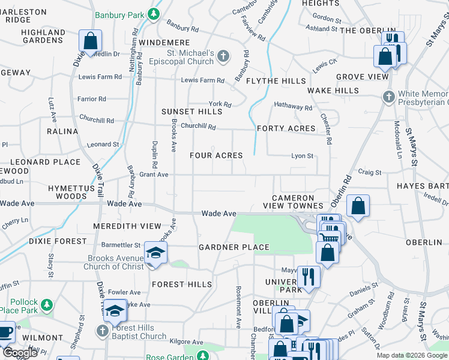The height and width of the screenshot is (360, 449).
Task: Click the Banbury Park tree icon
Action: click(154, 13)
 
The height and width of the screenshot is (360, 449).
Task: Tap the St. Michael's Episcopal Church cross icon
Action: click(223, 57)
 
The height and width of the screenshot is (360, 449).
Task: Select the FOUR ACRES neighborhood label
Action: click(216, 155)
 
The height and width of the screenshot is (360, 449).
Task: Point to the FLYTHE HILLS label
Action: click(276, 81)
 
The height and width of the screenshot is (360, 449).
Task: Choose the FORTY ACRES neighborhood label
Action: click(286, 128)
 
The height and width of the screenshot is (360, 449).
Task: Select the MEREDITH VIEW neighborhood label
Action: click(127, 226)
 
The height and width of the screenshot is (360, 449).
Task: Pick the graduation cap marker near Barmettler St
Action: click(155, 253)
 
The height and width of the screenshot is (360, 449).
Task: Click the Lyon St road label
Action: click(302, 156)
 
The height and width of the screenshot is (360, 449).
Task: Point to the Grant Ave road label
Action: click(154, 175)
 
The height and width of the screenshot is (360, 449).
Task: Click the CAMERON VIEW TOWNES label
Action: click(293, 202)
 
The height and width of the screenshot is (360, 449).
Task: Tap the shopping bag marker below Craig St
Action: click(358, 206)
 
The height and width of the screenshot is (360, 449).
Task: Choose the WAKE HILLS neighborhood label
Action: click(333, 91)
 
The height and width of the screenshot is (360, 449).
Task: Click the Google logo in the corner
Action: click(20, 353)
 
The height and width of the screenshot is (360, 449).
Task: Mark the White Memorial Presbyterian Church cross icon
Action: click(389, 96)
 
